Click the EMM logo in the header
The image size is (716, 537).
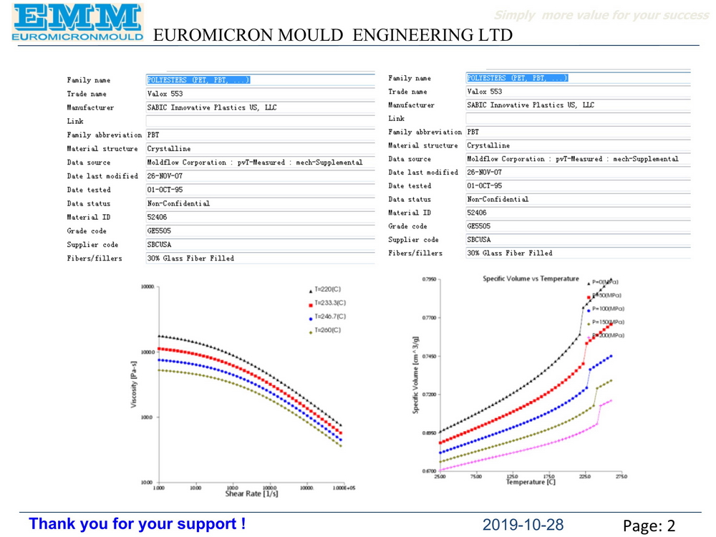[77, 21]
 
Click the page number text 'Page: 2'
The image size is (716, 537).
[649, 526]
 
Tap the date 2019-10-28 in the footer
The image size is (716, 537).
[523, 525]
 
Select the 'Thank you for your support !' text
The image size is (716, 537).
[137, 524]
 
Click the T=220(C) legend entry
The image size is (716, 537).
[328, 290]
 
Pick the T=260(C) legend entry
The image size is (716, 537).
[328, 330]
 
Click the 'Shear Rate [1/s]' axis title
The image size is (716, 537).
[251, 494]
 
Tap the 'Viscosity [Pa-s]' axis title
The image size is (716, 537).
[134, 383]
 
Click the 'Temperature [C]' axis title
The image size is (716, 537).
[531, 482]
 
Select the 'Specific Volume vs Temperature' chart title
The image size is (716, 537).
[531, 278]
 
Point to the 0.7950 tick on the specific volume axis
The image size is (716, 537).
[429, 279]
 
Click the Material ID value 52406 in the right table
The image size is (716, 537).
[476, 213]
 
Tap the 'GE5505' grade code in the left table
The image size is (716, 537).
[159, 231]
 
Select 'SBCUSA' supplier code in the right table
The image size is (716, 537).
[479, 240]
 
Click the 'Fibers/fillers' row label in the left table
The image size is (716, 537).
[95, 258]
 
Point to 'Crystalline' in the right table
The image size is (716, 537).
[488, 145]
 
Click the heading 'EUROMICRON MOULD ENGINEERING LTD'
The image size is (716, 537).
[333, 35]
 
